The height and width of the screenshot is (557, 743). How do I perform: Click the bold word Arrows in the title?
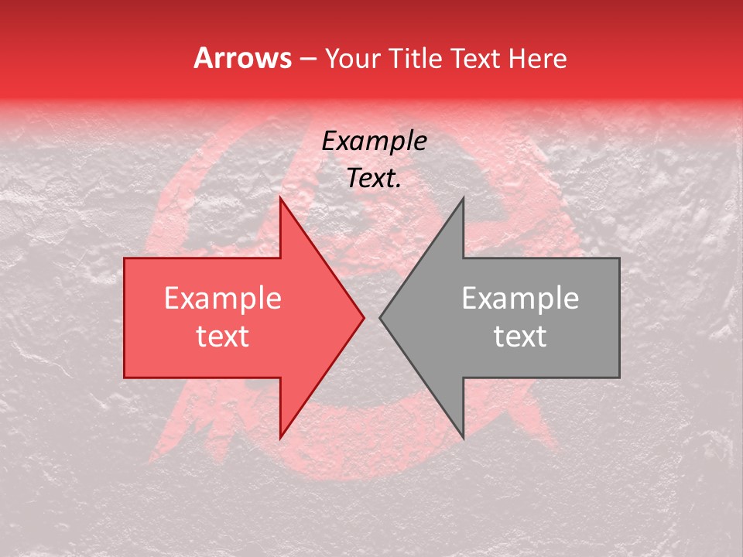click(x=243, y=58)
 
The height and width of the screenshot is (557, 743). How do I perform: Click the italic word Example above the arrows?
click(x=374, y=142)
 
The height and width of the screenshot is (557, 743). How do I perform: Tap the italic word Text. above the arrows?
click(x=374, y=178)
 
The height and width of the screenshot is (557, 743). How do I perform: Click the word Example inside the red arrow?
click(x=223, y=299)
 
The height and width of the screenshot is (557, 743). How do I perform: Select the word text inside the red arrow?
click(x=223, y=337)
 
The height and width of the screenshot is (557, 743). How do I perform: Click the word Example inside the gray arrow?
click(x=520, y=299)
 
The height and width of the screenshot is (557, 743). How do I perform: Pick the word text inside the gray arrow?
click(x=520, y=337)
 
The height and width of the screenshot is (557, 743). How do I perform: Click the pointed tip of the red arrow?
click(x=364, y=317)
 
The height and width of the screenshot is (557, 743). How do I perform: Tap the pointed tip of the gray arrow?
click(x=380, y=317)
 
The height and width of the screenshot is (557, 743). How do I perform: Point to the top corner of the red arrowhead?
click(x=280, y=198)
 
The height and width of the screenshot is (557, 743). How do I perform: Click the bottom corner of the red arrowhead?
click(x=280, y=438)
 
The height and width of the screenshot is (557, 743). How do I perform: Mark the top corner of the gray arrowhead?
click(x=463, y=198)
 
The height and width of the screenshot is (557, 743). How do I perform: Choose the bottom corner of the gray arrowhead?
click(x=463, y=438)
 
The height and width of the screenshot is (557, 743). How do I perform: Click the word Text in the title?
click(x=474, y=59)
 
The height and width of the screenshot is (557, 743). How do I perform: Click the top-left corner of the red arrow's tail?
click(x=125, y=258)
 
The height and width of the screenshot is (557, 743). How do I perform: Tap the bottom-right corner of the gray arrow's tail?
click(x=619, y=378)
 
